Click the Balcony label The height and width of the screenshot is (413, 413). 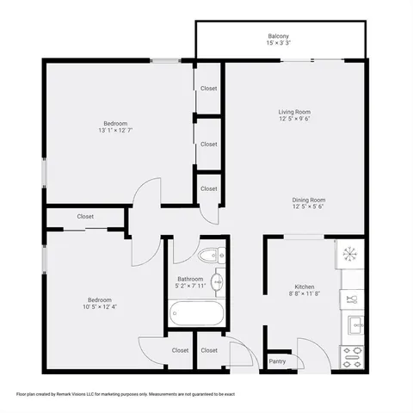278,36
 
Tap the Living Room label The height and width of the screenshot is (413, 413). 294,112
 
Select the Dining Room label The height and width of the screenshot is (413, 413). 308,200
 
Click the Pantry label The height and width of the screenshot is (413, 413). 277,361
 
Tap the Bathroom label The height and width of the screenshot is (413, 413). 190,280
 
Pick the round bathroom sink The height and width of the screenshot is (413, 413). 218,280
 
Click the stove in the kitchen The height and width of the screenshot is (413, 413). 353,355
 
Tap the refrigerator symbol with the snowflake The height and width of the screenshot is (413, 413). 349,254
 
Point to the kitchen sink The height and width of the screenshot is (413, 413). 353,324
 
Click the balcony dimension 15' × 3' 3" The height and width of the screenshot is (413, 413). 278,44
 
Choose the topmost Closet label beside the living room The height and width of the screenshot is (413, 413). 209,89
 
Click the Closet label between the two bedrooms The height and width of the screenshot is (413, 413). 85,217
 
